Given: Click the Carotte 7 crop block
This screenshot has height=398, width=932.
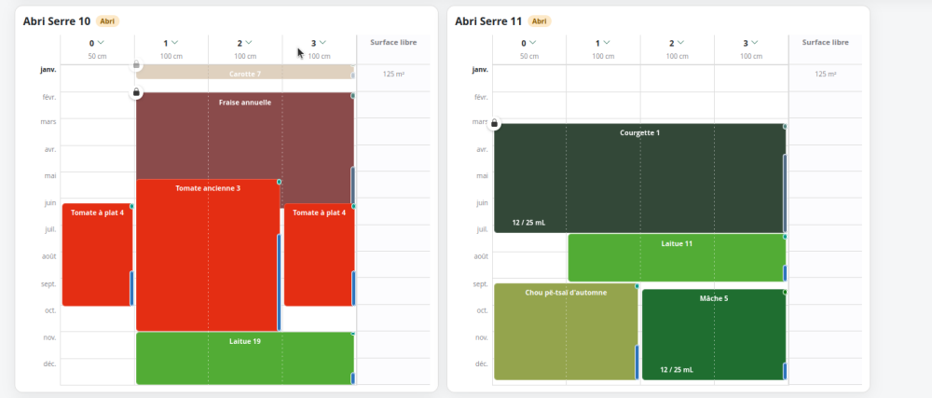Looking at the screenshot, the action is [245, 72].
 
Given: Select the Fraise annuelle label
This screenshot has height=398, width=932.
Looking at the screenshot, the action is [245, 103].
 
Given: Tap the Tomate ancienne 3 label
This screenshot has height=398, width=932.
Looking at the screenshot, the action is [208, 188].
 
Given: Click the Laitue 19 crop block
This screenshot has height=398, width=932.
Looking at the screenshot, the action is [245, 358].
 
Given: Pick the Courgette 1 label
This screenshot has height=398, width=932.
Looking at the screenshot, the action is [639, 133].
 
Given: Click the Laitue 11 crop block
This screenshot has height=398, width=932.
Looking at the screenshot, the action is [677, 258].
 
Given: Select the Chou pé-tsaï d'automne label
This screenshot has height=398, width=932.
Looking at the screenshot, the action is [566, 293].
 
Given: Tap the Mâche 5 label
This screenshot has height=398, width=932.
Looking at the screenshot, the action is [714, 299].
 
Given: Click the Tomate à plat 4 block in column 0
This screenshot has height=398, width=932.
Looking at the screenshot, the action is [98, 254].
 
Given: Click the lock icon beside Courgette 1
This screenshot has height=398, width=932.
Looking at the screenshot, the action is [494, 124].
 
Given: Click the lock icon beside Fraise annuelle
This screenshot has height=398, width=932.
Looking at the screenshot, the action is [136, 92].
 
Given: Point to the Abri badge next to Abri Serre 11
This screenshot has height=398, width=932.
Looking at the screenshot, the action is [539, 21].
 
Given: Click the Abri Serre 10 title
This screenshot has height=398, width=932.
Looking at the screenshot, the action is [57, 21].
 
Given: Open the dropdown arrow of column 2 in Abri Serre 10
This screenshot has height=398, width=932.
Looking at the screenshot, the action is [249, 42].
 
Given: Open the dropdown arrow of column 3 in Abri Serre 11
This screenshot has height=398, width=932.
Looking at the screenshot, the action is [754, 42].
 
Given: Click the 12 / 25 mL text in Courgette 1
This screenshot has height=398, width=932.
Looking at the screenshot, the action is [528, 223].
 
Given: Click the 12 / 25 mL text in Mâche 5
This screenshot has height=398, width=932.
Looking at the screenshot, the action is [677, 369].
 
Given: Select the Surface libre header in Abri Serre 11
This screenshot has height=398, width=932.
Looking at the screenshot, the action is [825, 42].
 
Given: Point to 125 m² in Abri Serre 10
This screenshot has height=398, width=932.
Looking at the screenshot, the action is [393, 75].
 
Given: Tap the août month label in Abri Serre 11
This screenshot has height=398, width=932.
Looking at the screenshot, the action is [481, 256].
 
